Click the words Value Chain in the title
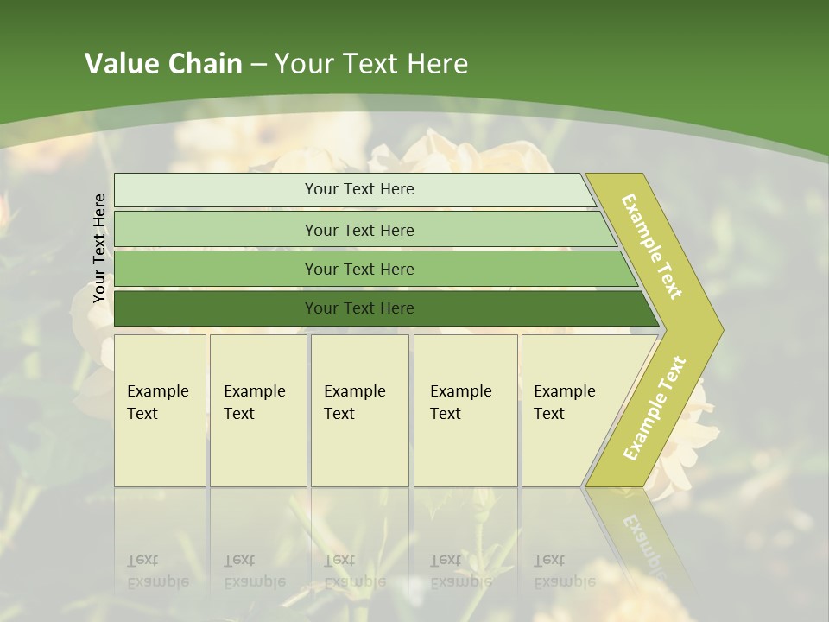tap(163, 64)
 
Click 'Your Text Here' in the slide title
tap(371, 64)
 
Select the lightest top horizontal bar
tap(216, 190)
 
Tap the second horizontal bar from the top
tap(216, 230)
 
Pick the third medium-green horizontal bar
tap(216, 269)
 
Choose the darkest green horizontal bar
tap(216, 308)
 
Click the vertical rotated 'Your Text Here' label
tap(99, 249)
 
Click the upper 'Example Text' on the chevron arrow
tap(652, 246)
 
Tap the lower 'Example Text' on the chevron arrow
tap(655, 408)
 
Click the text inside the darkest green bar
tap(359, 308)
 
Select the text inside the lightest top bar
tap(359, 189)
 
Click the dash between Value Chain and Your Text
tap(258, 66)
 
